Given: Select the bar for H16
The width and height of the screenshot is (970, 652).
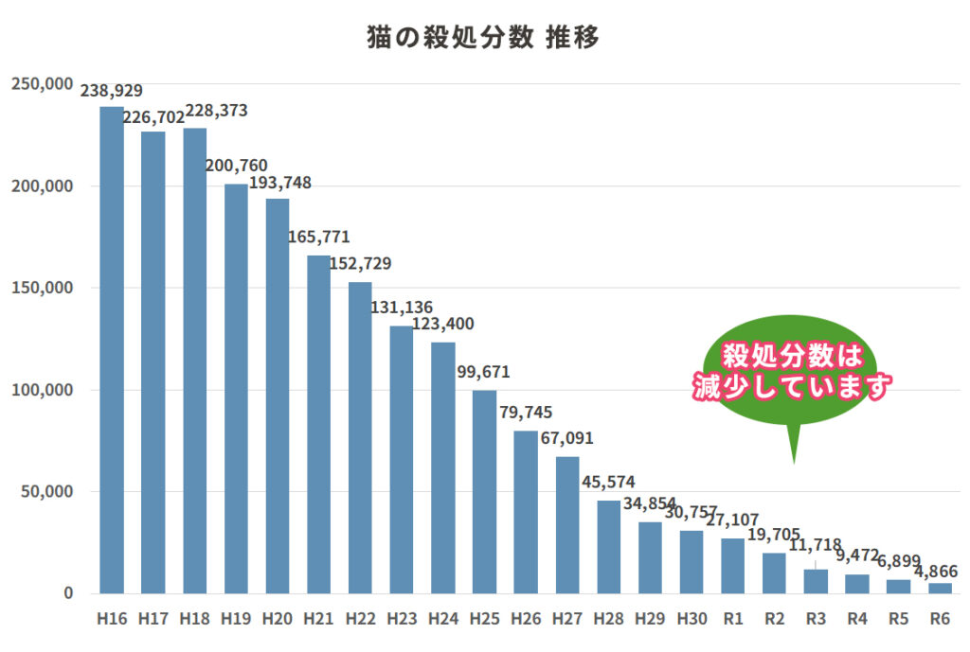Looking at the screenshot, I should pos(112,350).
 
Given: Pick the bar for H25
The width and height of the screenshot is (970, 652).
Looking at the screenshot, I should pos(484,492).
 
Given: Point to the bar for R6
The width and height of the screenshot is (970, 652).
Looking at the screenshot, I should pos(940,589).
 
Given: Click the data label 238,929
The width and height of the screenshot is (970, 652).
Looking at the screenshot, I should pos(112,92).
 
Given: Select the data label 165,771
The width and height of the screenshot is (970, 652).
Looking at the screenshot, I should pos(319,237).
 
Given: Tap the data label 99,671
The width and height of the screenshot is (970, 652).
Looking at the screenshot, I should pos(483,372).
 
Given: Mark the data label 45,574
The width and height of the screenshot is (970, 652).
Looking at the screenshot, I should pos(608,483).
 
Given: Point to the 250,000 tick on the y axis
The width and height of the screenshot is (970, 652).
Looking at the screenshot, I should pos(43,84).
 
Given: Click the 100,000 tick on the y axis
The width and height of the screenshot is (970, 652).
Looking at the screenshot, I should pos(43,390).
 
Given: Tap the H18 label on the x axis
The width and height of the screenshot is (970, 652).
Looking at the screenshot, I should pos(194,619).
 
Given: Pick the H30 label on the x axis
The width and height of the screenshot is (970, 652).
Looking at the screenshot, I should pos(692,619).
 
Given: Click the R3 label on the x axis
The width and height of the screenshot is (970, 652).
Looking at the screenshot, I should pos(816,619).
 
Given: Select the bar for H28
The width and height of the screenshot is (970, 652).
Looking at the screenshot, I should pos(608,547).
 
